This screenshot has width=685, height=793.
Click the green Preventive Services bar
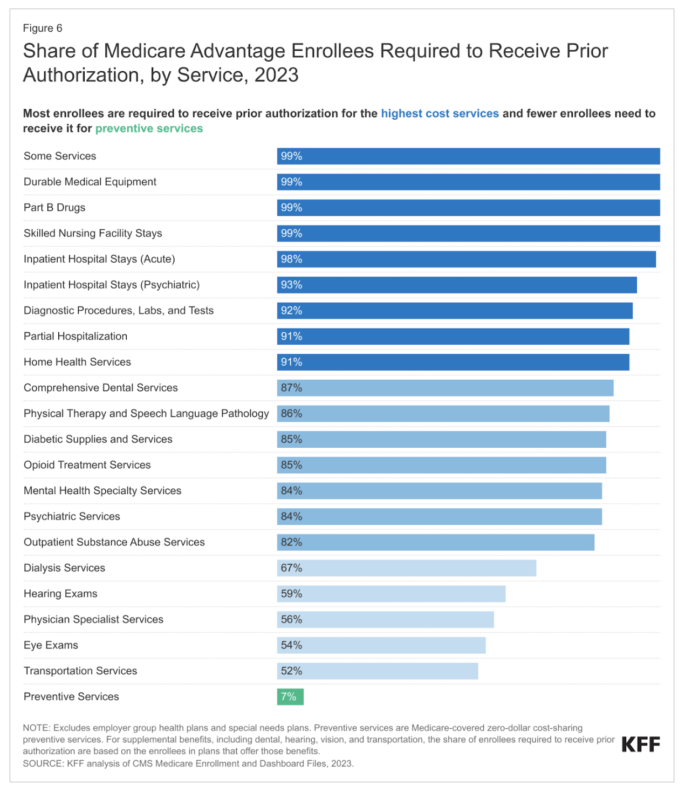pos(290,696)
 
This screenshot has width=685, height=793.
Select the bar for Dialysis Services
pos(407,568)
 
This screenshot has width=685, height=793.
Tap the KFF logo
pos(640,744)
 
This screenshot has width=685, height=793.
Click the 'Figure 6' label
pos(43,28)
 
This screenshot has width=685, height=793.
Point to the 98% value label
pos(291,259)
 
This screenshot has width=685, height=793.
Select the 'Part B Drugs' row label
pos(54,208)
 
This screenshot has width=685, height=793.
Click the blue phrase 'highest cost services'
pos(440,113)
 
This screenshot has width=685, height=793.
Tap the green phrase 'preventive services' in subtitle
pos(149,128)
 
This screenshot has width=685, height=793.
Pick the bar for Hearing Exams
pos(391,594)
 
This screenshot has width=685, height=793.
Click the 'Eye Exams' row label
pos(51,645)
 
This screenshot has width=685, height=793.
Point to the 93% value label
pos(291,285)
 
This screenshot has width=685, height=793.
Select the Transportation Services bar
pos(378,671)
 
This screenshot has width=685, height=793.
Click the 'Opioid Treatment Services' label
pos(87,465)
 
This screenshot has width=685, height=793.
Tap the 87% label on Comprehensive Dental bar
pos(291,388)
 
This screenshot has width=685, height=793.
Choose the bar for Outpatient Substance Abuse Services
pos(436,542)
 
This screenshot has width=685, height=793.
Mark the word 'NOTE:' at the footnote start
pos(37,728)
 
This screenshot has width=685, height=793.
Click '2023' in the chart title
pos(276,75)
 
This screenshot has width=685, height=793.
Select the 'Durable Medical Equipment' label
pos(90,182)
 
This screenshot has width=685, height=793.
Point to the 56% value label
pos(291,619)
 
